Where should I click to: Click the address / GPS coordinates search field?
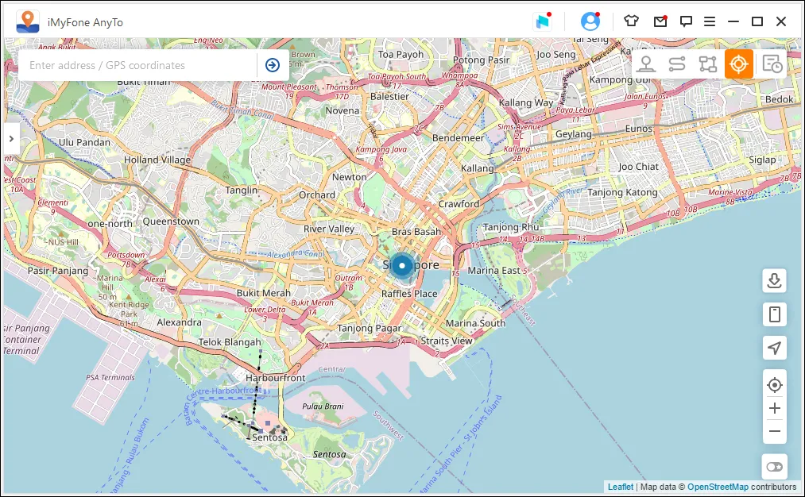(139, 65)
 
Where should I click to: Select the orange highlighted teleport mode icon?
(738, 64)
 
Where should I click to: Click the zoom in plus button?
(775, 409)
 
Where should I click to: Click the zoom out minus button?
(775, 432)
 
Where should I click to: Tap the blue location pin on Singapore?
(403, 265)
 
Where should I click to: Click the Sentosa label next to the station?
(269, 437)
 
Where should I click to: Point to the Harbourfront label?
(276, 378)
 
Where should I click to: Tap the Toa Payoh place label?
(401, 55)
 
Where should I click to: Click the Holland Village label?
(157, 160)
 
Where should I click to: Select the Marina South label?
(475, 323)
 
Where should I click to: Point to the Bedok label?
(778, 99)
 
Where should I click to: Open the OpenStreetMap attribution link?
(718, 487)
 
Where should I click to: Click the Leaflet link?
(621, 487)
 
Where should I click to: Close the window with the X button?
(781, 21)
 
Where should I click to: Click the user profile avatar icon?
(590, 21)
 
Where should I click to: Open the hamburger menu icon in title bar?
(710, 21)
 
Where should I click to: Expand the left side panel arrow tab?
(11, 138)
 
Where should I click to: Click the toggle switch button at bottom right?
(775, 467)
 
